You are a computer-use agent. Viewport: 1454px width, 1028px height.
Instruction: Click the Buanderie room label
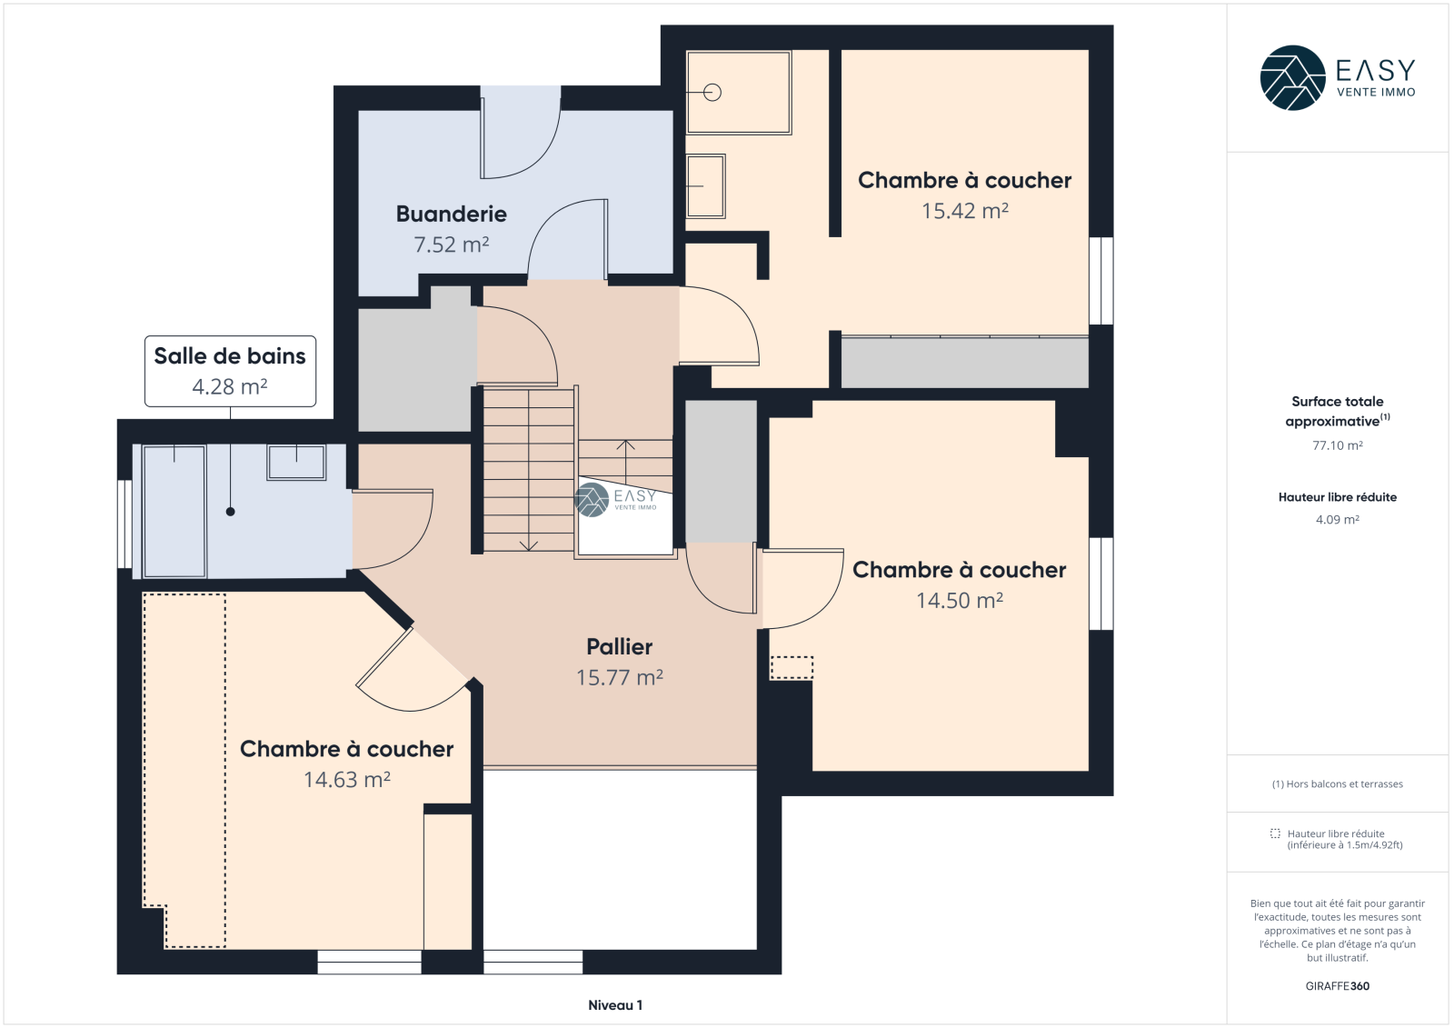click(451, 214)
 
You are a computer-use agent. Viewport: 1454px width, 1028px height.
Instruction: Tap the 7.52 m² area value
click(451, 245)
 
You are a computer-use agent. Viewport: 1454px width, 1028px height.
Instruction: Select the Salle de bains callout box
click(231, 371)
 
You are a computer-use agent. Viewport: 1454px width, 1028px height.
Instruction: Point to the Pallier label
click(619, 646)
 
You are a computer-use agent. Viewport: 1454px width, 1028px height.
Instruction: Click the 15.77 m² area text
click(619, 677)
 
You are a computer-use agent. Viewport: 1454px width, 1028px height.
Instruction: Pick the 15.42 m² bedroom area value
click(965, 210)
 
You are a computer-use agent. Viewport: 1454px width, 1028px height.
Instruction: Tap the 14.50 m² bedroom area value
click(960, 600)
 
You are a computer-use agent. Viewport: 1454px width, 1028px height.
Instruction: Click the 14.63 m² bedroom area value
click(346, 779)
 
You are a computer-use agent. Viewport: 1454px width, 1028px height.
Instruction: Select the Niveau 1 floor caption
click(615, 1004)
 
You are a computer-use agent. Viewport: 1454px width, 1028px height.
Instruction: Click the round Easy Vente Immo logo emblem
click(1292, 78)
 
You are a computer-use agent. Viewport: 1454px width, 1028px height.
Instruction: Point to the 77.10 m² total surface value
click(1337, 445)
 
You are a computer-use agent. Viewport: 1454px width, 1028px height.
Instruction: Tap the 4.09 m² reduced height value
click(1337, 520)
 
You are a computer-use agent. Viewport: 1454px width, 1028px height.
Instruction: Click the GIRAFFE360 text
click(1337, 986)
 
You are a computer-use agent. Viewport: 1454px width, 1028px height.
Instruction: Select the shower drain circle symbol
click(712, 93)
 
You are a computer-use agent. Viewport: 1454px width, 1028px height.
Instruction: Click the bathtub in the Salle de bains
click(174, 511)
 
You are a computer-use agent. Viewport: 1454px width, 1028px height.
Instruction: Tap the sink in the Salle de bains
click(296, 462)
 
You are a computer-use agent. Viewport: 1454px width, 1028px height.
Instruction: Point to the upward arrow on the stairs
click(625, 459)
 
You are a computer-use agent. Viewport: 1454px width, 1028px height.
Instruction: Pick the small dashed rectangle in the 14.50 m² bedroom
click(792, 667)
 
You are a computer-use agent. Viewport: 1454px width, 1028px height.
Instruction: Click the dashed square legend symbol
click(1275, 833)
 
